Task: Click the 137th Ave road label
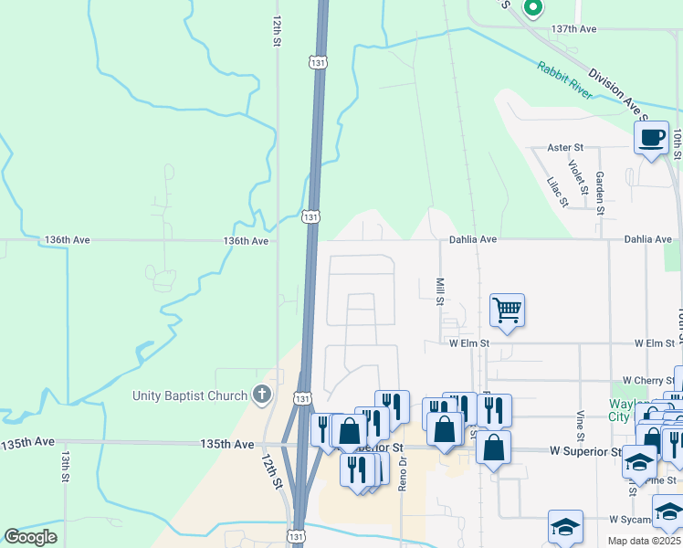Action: tap(573, 29)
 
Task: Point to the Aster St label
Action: tap(565, 147)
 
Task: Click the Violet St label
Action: tap(577, 171)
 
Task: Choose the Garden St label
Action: tap(600, 192)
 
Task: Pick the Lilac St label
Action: tap(556, 192)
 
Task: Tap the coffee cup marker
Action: tap(650, 138)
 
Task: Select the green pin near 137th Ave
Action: tap(533, 8)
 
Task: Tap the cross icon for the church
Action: tap(262, 395)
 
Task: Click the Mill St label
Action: tap(440, 291)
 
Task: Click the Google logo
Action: tap(30, 537)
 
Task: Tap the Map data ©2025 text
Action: tap(644, 541)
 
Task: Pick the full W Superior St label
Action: tap(584, 451)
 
